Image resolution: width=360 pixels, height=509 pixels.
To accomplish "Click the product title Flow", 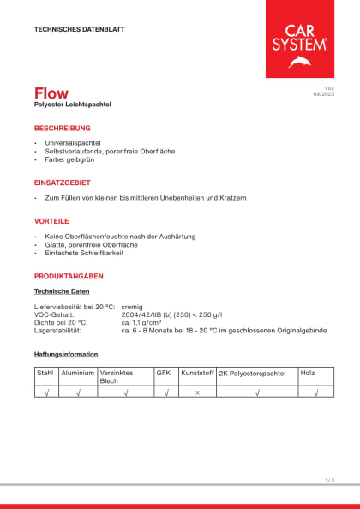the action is [51, 93].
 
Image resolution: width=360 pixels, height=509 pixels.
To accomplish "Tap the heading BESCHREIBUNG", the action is [62, 128].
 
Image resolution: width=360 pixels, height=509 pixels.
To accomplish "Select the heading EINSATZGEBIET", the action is [62, 183].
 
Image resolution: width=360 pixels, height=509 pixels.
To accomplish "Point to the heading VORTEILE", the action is [51, 220].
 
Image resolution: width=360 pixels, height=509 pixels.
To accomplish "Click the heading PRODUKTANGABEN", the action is [69, 276].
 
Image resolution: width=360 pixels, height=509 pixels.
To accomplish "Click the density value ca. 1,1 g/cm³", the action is [141, 322].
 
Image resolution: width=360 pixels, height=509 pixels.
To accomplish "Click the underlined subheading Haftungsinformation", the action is [65, 354].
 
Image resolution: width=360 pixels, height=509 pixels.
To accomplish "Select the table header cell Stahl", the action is [45, 374].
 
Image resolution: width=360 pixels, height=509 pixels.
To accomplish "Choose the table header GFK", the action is [163, 374].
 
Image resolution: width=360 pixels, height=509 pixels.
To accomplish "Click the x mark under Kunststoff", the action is [197, 392].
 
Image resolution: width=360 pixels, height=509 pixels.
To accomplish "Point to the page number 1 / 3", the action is [329, 480].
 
